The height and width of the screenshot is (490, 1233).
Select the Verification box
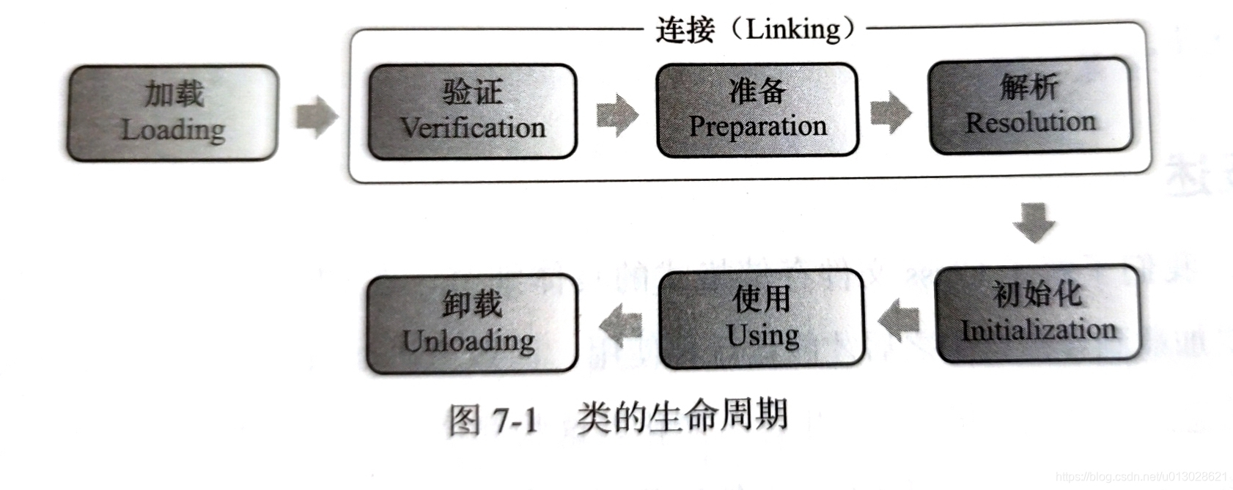pos(472,111)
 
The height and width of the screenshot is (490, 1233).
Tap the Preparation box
pos(757,110)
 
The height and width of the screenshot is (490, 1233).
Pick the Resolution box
pos(1029,106)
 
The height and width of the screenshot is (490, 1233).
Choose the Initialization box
pos(1037,314)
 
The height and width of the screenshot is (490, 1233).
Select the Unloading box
pos(471,324)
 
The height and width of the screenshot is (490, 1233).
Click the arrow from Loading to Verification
pos(317,116)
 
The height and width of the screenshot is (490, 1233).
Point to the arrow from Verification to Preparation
pos(616,115)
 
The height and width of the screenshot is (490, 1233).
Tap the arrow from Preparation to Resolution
pos(891,113)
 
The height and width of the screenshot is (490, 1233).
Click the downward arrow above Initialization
pos(1034,222)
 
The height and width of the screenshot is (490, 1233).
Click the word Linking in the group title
pos(792,29)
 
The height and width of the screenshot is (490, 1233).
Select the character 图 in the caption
pos(465,420)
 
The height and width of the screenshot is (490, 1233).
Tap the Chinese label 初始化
pos(1037,294)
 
